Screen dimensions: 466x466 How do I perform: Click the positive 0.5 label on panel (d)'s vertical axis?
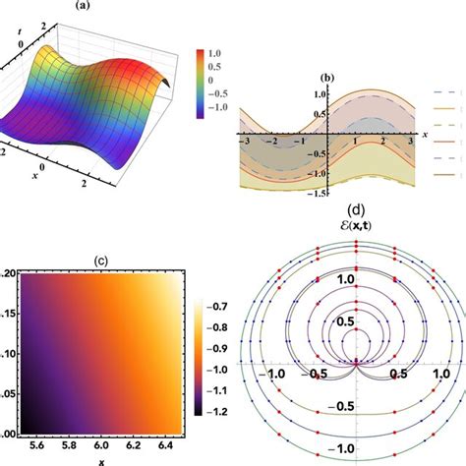[344, 322]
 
